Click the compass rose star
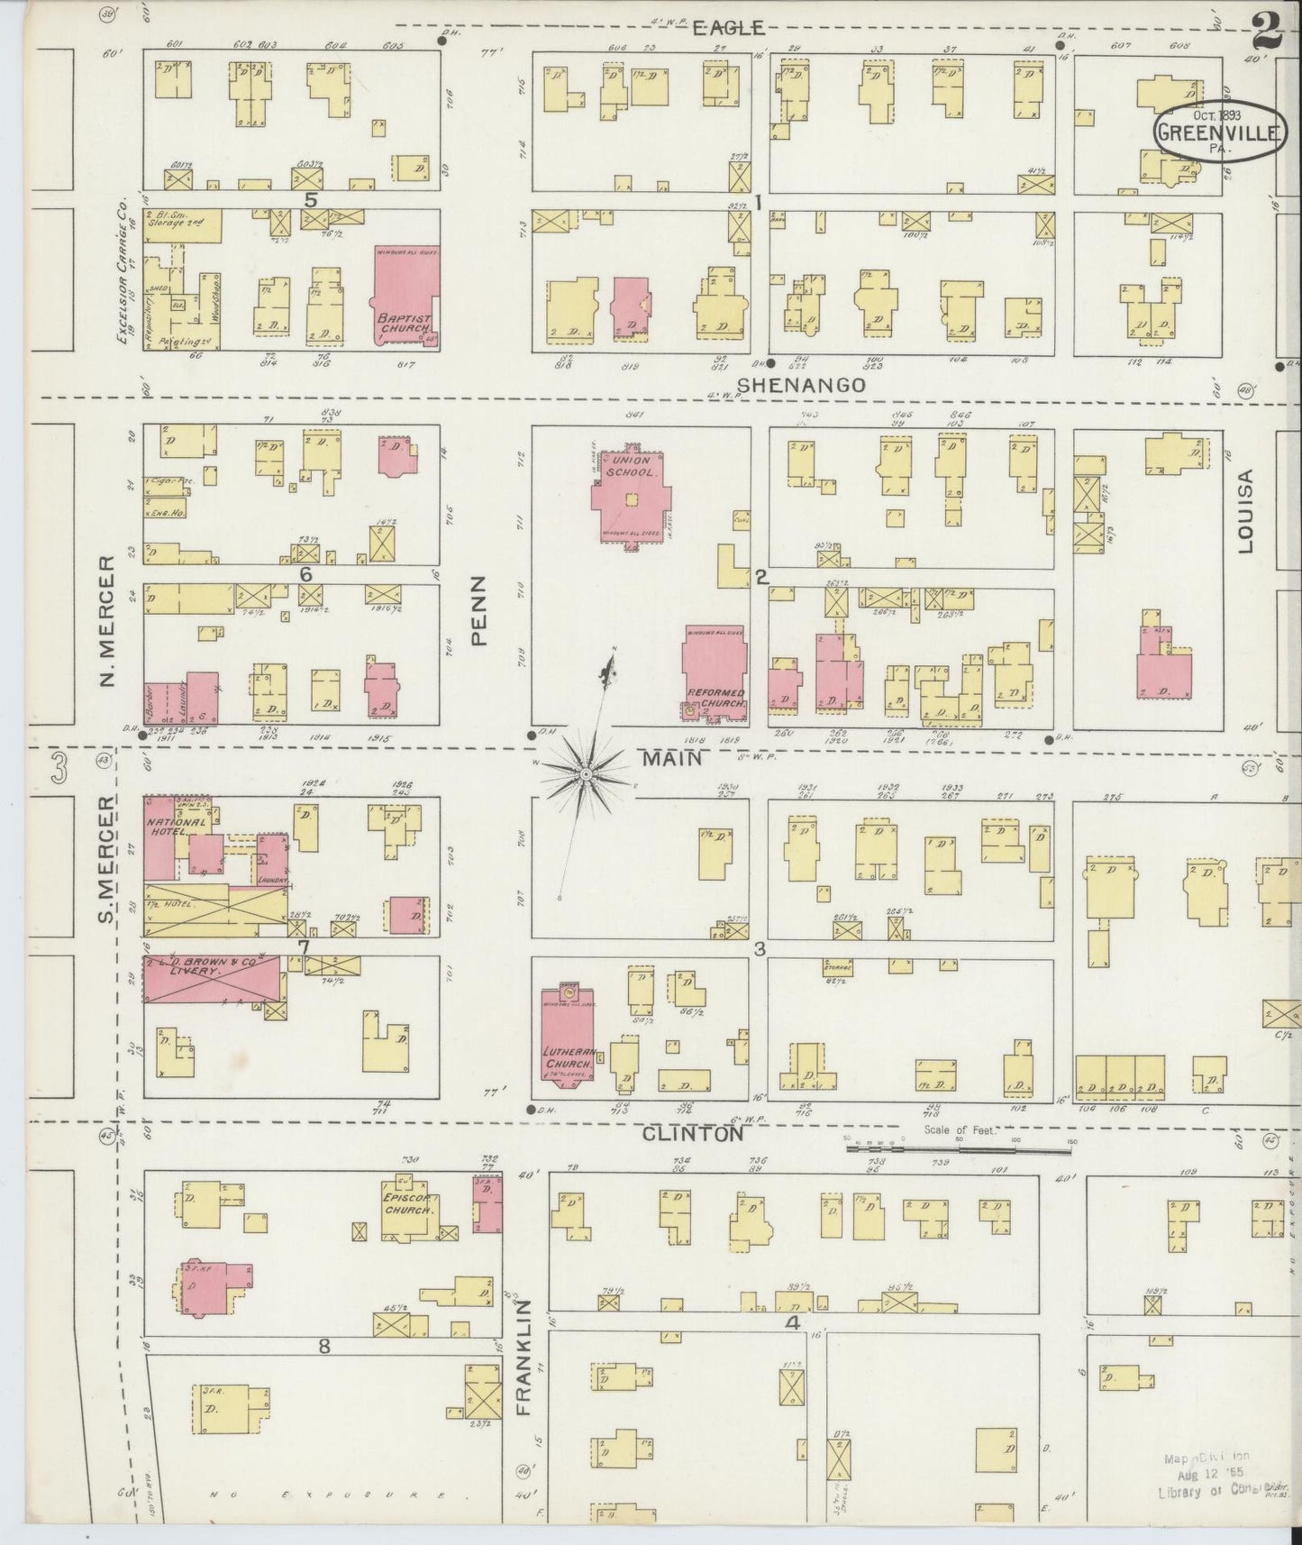tap(586, 773)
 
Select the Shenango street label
tap(801, 385)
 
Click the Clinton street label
tap(693, 1135)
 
